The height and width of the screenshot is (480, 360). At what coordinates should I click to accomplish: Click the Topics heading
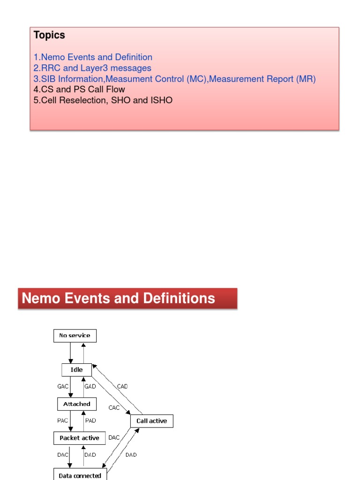(x=49, y=35)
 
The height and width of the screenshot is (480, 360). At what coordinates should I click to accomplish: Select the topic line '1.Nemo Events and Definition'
(x=93, y=57)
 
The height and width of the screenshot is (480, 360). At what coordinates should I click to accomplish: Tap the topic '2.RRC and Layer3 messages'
(x=92, y=68)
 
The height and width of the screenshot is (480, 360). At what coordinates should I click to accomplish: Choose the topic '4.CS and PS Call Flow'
(x=79, y=90)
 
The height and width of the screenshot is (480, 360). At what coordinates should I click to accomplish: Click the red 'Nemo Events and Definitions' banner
(x=127, y=299)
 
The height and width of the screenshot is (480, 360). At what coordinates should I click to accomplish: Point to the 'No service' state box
(x=75, y=336)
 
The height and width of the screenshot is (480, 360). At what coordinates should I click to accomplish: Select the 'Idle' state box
(x=77, y=370)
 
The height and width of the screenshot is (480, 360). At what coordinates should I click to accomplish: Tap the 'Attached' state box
(x=77, y=404)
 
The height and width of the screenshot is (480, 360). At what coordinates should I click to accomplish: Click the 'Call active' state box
(x=151, y=421)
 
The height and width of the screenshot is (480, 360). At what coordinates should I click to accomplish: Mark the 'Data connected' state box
(x=80, y=475)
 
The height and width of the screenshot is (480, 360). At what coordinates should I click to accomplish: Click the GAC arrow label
(x=62, y=387)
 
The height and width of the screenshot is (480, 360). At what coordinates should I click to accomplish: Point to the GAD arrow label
(x=90, y=387)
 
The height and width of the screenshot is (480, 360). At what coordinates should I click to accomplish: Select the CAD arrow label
(x=122, y=387)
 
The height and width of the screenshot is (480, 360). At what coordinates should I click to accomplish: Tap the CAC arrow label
(x=114, y=408)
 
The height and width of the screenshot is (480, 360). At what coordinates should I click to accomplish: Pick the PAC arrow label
(x=63, y=421)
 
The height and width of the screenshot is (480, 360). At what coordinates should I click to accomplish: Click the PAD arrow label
(x=90, y=421)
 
